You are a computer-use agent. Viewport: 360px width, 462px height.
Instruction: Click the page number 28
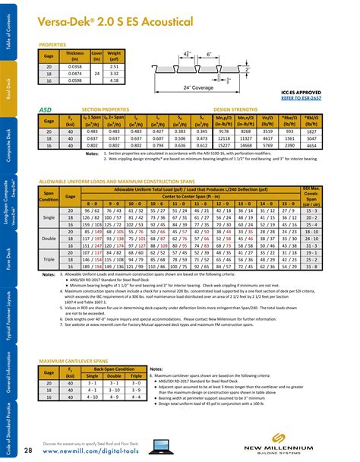(x=27, y=442)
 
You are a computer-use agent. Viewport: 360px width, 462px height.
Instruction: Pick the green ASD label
(x=45, y=109)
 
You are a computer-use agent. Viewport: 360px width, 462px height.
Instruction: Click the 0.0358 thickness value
(x=75, y=67)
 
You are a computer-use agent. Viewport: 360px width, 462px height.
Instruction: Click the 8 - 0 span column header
(x=92, y=204)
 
